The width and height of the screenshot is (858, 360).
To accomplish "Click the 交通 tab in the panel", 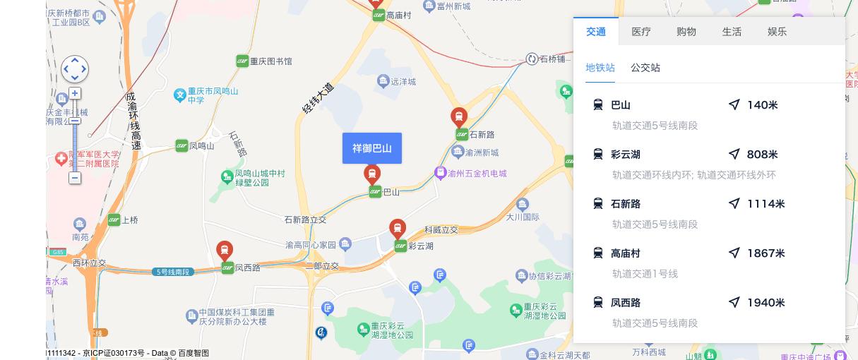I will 596,32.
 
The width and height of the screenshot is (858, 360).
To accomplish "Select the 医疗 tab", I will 641,32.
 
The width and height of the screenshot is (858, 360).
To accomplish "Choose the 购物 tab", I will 686,32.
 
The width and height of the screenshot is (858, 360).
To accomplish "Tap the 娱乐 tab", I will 777,32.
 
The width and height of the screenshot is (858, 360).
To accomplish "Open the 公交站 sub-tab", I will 645,68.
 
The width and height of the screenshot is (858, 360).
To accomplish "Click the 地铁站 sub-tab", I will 600,68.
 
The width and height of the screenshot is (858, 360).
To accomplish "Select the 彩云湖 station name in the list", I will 626,155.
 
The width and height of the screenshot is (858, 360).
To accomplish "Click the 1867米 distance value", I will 765,253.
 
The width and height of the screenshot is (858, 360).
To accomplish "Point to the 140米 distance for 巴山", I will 762,105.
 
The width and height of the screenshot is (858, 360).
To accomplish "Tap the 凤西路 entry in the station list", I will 626,303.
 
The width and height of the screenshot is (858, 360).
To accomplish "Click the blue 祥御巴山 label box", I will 372,148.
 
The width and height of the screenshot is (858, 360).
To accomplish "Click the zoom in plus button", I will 75,93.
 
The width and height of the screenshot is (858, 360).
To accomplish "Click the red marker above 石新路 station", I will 459,116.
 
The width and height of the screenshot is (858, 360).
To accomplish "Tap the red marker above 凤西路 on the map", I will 225,250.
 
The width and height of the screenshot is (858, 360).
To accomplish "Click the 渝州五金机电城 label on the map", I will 477,173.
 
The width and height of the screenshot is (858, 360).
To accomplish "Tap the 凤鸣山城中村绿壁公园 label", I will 259,177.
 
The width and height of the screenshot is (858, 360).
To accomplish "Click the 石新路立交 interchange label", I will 305,220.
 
